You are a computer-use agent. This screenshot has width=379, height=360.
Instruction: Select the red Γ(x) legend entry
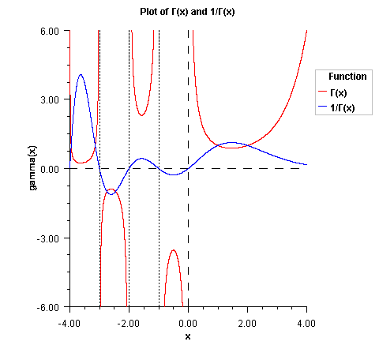pos(340,93)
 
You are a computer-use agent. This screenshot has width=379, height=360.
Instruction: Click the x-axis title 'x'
pos(188,336)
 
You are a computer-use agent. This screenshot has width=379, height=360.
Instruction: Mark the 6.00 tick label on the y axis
pos(50,31)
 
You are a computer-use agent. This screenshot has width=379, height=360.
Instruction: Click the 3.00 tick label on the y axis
pos(50,99)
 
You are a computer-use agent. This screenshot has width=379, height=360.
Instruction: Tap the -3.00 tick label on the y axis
pos(48,238)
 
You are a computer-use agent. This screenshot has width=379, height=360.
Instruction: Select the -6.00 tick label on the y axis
pos(48,306)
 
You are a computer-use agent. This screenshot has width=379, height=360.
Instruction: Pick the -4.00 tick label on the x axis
pos(69,322)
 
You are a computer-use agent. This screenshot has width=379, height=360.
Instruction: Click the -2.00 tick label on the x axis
pos(129,322)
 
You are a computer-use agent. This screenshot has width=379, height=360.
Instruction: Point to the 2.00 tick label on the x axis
pos(247,322)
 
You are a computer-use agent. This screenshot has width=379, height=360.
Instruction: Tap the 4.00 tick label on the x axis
pos(306,322)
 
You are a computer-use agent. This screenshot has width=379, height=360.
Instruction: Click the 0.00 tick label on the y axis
pos(50,169)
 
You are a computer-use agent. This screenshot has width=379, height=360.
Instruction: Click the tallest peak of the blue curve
pos(81,75)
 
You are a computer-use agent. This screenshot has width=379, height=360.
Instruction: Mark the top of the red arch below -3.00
pos(173,250)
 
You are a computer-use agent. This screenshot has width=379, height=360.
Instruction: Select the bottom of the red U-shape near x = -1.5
pos(141,115)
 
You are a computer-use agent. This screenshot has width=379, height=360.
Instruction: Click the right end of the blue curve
pos(306,164)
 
